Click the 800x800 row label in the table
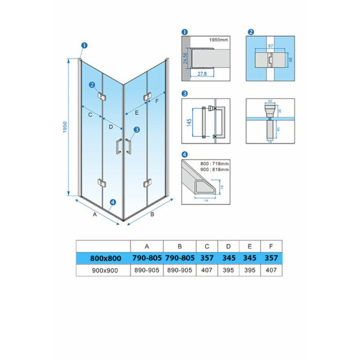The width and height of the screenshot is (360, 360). (x=103, y=258)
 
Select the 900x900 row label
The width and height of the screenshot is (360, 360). (x=103, y=270)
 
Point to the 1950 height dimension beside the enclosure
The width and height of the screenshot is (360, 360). (x=64, y=128)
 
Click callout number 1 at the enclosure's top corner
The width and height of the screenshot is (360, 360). (x=84, y=44)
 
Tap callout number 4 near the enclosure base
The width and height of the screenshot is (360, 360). (x=113, y=202)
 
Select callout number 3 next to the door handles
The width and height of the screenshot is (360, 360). (x=137, y=129)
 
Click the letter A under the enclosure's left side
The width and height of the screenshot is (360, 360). (x=95, y=212)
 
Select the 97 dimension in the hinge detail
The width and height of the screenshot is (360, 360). (x=271, y=46)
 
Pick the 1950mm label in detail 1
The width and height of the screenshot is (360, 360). (x=218, y=40)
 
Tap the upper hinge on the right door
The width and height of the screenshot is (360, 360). (x=145, y=97)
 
